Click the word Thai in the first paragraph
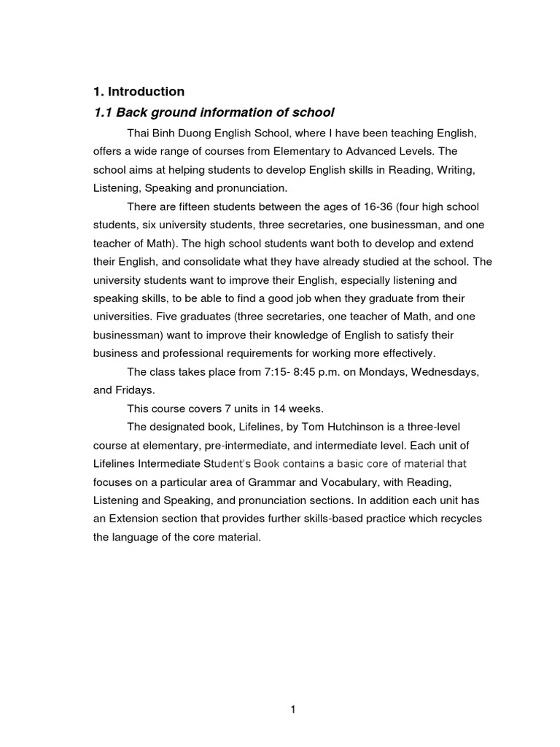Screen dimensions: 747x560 click(138, 133)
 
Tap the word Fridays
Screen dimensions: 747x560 click(134, 390)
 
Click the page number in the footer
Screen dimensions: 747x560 click(292, 708)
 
